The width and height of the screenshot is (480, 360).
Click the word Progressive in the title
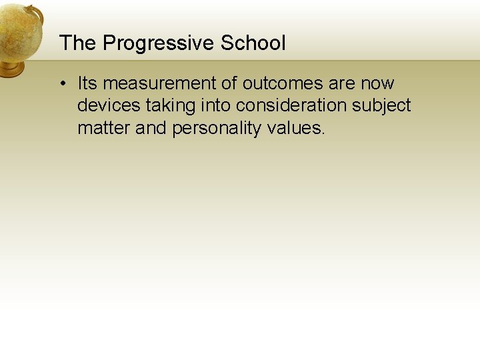pyautogui.click(x=159, y=44)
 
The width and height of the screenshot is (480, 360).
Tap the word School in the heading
pyautogui.click(x=253, y=43)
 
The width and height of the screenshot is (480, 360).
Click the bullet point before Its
pyautogui.click(x=61, y=84)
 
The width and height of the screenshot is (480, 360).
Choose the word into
pyautogui.click(x=216, y=105)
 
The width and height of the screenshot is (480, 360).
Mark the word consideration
pyautogui.click(x=293, y=105)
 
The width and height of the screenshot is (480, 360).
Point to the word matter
pyautogui.click(x=104, y=127)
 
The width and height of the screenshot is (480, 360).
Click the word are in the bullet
pyautogui.click(x=342, y=83)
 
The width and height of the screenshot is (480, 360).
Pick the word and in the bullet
pyautogui.click(x=151, y=127)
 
